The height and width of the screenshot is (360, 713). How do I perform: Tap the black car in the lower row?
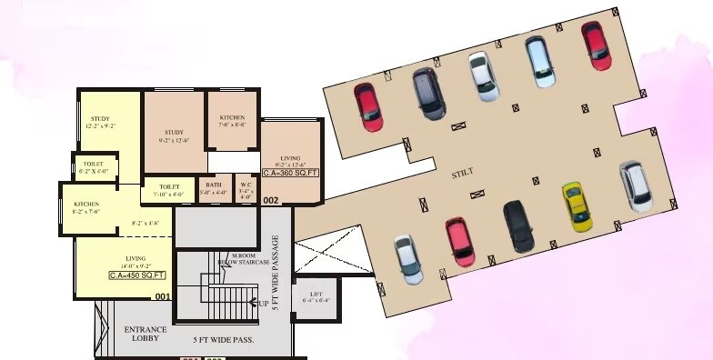pos(518,225)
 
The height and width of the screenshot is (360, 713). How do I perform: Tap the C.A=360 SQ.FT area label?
pos(291,172)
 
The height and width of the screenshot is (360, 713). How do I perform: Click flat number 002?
pos(271,200)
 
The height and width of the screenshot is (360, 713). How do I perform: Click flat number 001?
pos(163,296)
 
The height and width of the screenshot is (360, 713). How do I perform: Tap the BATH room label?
pos(212,185)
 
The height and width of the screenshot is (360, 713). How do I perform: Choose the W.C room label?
pos(245,185)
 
